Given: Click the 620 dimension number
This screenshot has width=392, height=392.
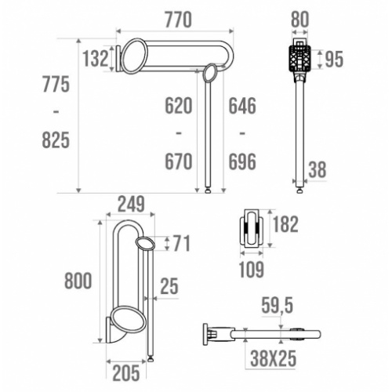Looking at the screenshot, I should point(178,104).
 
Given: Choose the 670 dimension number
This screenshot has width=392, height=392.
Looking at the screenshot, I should point(178,162).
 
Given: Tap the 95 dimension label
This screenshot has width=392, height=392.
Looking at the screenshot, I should point(334,60).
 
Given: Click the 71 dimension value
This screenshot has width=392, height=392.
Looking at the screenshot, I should point(180,244).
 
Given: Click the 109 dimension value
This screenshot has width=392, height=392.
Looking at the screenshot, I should point(252,269).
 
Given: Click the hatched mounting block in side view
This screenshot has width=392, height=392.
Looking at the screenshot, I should point(299,57).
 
